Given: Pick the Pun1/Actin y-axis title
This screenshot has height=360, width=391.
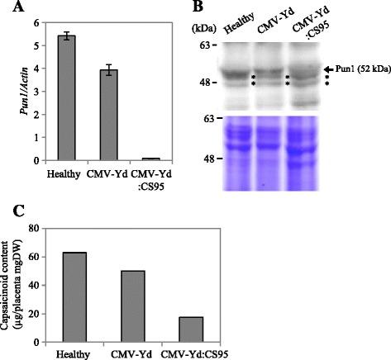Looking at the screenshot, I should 9,92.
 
